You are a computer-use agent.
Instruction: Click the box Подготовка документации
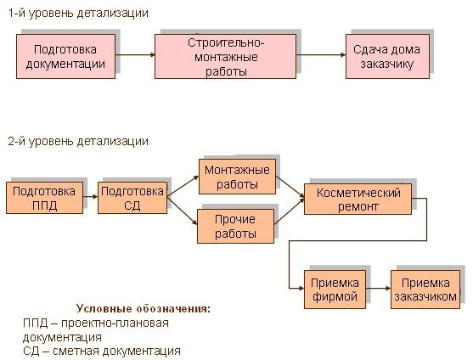pyautogui.click(x=65, y=56)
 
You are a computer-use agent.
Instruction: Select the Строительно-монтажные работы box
pyautogui.click(x=225, y=56)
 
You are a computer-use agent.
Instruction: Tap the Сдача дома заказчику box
pyautogui.click(x=387, y=56)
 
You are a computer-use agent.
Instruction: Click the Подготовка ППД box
pyautogui.click(x=45, y=198)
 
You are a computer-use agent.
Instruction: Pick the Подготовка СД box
pyautogui.click(x=132, y=198)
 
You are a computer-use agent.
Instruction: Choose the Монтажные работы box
pyautogui.click(x=237, y=177)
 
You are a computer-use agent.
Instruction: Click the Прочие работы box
pyautogui.click(x=235, y=226)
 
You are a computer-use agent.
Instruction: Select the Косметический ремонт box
pyautogui.click(x=358, y=200)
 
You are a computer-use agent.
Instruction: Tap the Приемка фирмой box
pyautogui.click(x=335, y=290)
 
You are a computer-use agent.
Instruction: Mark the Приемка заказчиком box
pyautogui.click(x=425, y=290)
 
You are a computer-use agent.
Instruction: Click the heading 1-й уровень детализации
pyautogui.click(x=78, y=14)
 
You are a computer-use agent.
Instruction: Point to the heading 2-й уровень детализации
pyautogui.click(x=78, y=141)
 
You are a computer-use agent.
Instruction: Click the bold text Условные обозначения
pyautogui.click(x=144, y=309)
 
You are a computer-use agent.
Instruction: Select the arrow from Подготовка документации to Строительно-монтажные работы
pyautogui.click(x=135, y=55)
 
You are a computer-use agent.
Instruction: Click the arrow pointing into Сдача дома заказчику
pyautogui.click(x=321, y=55)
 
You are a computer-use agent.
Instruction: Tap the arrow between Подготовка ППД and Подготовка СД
pyautogui.click(x=91, y=197)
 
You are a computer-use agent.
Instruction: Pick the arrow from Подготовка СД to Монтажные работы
pyautogui.click(x=183, y=186)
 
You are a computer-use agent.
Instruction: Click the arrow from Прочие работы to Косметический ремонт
pyautogui.click(x=290, y=211)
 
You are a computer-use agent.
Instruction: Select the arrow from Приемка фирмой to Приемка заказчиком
pyautogui.click(x=378, y=289)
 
